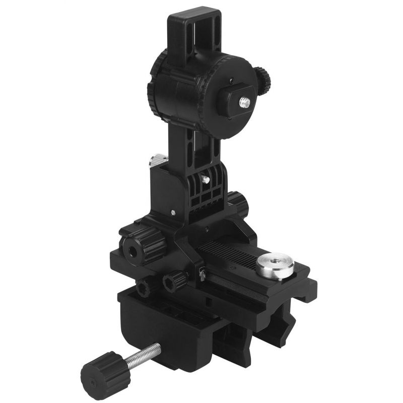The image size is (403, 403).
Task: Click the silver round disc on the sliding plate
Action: point(275,265)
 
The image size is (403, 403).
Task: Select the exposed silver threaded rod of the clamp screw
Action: point(143,355)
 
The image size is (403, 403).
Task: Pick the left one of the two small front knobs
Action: point(145,288)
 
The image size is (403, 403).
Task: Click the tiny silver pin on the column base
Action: point(174,212)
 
